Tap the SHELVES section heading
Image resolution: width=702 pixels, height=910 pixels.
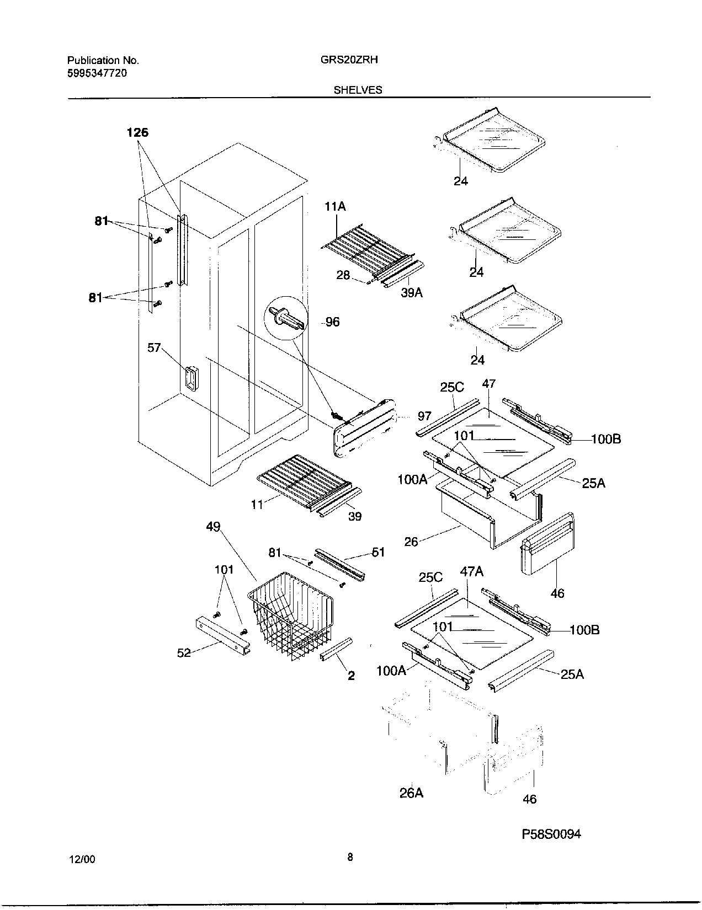(x=358, y=90)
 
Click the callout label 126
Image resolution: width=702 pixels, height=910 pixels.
(x=137, y=132)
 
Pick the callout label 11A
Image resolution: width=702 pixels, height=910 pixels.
(x=336, y=207)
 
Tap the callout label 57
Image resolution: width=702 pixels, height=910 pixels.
(x=154, y=347)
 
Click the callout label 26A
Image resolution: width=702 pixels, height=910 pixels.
(x=412, y=793)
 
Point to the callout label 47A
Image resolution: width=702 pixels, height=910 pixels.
(x=472, y=572)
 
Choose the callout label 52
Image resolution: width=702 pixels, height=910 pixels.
(x=184, y=653)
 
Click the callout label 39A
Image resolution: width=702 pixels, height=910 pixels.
(x=412, y=293)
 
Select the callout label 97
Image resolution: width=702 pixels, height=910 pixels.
(x=424, y=416)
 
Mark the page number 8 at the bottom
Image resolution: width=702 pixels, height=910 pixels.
(x=350, y=857)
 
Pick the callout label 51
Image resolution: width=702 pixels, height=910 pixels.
(x=379, y=552)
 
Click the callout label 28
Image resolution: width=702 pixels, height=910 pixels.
(x=343, y=275)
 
